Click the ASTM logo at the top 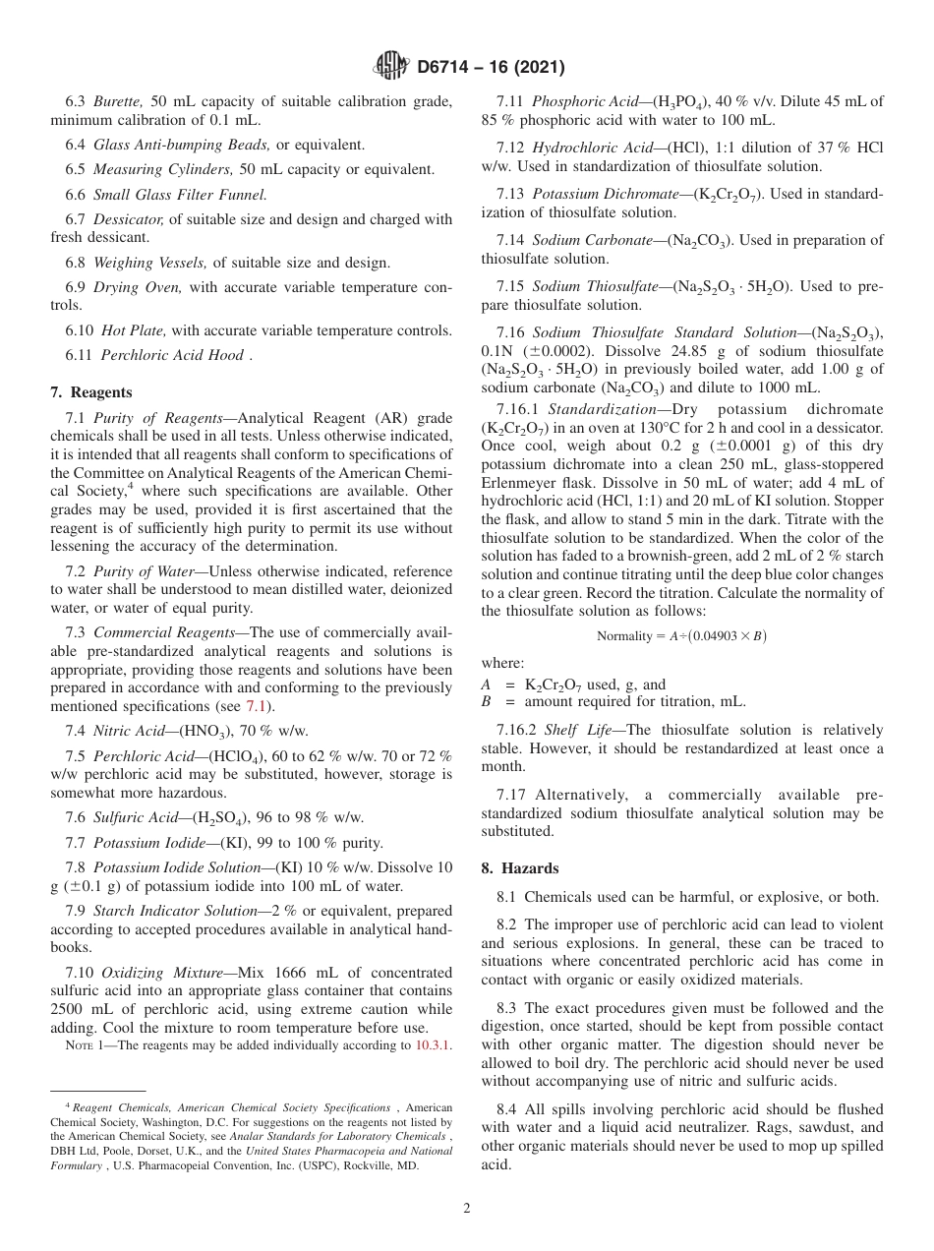pos(392,67)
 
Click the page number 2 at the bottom pos(467,1208)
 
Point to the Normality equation pos(681,636)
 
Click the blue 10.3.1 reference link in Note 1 pos(432,1045)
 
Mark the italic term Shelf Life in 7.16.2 pos(582,730)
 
